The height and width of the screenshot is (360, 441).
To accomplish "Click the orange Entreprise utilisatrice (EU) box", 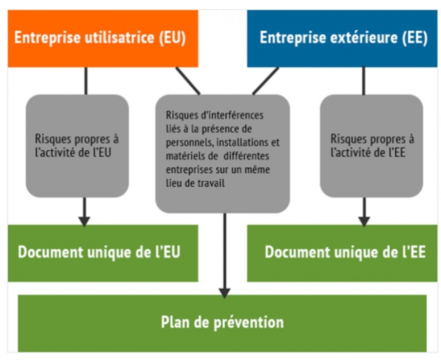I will coord(103,38).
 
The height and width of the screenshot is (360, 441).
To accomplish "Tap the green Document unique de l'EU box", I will coord(103,253).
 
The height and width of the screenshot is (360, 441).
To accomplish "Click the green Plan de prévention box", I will coord(222,323).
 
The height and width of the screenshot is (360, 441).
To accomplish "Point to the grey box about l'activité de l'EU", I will coord(77,146).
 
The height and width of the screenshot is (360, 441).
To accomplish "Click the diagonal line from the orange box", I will coord(188,81).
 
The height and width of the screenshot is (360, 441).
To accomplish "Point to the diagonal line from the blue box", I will coord(266,81).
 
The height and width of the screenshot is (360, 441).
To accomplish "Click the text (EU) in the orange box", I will coord(172,39).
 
